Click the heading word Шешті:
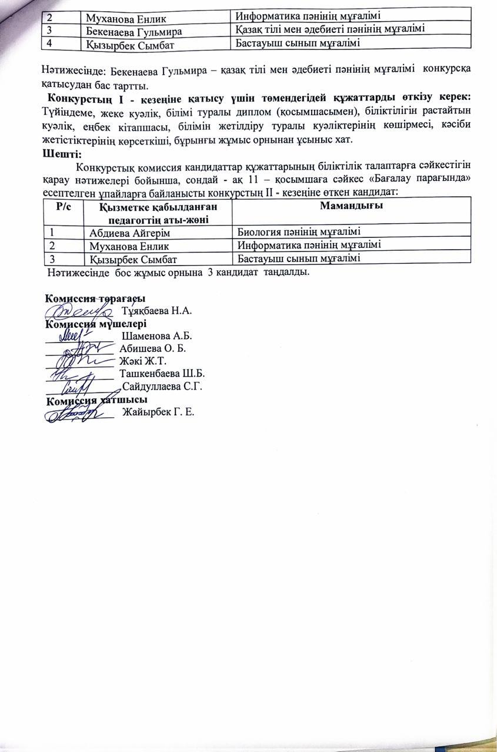62,155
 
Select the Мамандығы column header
352,206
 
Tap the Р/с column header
63,206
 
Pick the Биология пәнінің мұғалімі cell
298,231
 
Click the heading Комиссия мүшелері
96,323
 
